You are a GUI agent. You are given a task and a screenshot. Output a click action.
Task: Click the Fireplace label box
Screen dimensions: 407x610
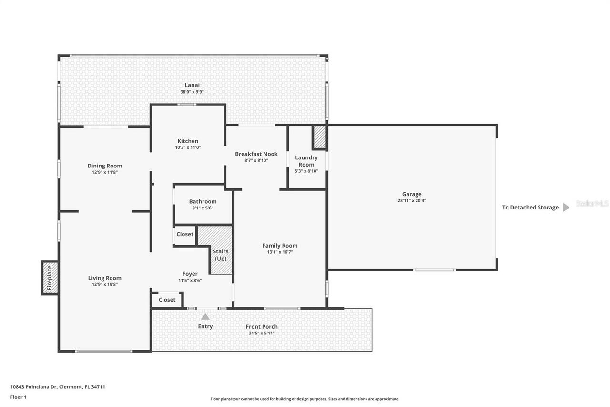(x=49, y=278)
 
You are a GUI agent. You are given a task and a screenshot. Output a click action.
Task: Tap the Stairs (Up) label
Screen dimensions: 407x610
(x=221, y=255)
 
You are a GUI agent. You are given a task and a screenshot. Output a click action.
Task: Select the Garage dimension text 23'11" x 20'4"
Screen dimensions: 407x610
(x=411, y=201)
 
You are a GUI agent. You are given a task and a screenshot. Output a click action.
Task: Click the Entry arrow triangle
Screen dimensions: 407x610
(x=205, y=316)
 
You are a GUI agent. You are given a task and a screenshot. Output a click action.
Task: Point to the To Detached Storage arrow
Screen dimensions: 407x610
(x=566, y=208)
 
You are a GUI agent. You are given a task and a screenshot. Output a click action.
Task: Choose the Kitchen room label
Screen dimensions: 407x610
(x=188, y=141)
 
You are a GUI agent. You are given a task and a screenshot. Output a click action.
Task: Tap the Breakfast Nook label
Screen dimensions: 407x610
(x=256, y=154)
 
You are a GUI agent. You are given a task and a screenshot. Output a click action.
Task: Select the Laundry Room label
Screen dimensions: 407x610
(x=306, y=161)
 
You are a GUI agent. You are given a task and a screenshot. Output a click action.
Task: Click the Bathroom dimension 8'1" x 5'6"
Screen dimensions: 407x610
(x=203, y=208)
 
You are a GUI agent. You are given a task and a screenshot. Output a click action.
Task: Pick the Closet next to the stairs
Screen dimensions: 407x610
(x=185, y=234)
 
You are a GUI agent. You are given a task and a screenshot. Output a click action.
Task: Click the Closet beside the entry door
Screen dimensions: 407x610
(x=167, y=300)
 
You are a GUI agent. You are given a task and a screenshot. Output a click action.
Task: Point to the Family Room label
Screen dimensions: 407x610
(x=280, y=246)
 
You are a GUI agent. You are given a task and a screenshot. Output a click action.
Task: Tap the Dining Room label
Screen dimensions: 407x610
(x=104, y=166)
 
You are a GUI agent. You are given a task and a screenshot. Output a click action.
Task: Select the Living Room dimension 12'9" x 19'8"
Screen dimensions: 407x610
(x=104, y=284)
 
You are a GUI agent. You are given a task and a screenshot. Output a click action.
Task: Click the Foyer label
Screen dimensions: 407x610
(x=190, y=274)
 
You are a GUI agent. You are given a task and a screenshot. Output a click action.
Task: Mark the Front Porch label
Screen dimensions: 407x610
(x=262, y=327)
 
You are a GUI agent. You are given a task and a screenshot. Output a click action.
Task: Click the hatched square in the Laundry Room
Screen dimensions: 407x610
(x=319, y=137)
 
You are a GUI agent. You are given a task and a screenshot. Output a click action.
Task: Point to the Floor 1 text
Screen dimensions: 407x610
(x=18, y=397)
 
